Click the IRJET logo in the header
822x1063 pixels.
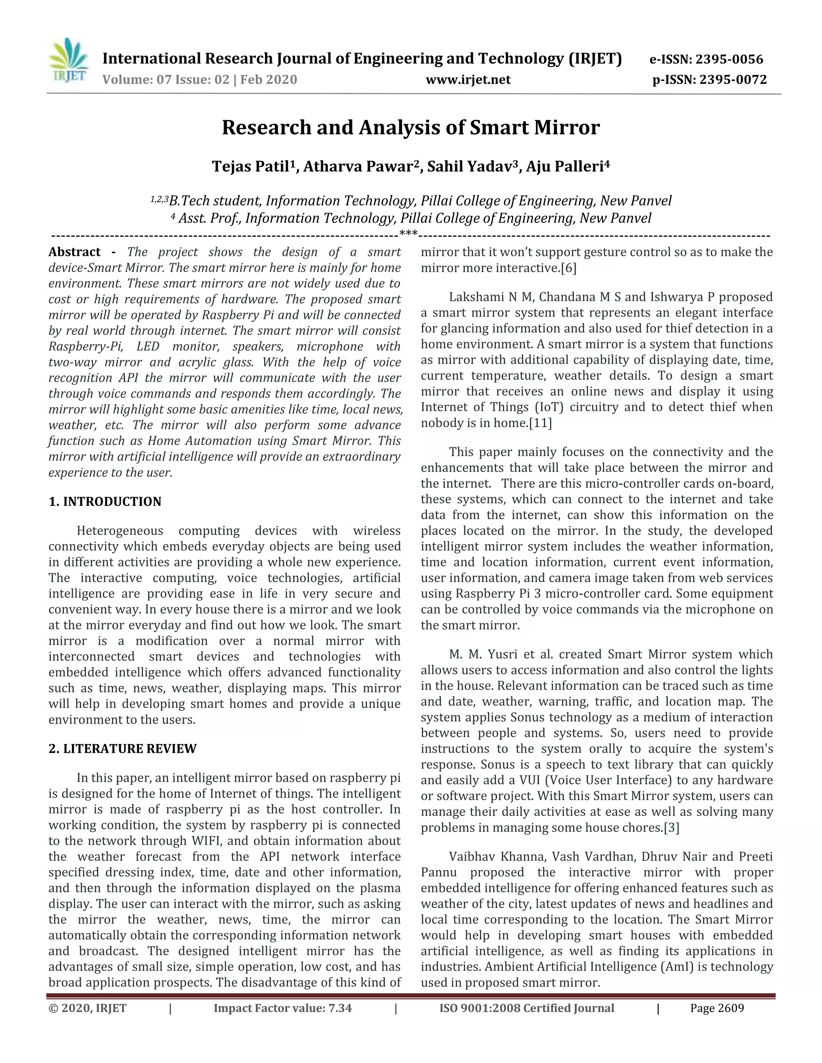[x=69, y=61]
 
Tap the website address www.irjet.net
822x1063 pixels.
[x=468, y=79]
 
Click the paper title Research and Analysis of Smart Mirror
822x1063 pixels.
[x=411, y=128]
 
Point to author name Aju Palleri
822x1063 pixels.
[x=564, y=167]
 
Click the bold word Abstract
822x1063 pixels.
[x=75, y=252]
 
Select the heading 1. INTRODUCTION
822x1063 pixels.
[x=105, y=501]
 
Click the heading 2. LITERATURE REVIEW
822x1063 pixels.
[x=122, y=749]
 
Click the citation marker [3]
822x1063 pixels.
[x=671, y=828]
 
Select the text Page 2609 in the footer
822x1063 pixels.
[x=717, y=1008]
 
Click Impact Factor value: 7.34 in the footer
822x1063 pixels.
[x=283, y=1008]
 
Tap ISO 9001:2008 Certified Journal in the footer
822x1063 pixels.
[x=527, y=1008]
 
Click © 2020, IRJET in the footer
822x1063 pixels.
[x=87, y=1008]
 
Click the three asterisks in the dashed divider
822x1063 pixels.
[x=408, y=235]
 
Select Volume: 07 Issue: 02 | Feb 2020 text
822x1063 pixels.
[x=199, y=79]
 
